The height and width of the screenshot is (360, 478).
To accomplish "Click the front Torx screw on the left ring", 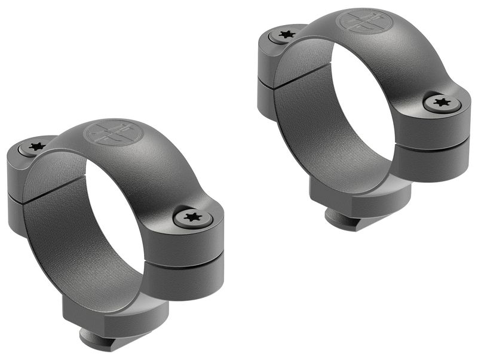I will [x=192, y=217].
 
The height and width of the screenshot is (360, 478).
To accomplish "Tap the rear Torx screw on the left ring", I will [x=36, y=146].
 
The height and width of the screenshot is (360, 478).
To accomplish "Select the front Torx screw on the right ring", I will [x=442, y=103].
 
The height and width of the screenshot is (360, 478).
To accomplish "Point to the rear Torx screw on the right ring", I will [x=286, y=35].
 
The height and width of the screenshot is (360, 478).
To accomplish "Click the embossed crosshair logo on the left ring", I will [x=113, y=132].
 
